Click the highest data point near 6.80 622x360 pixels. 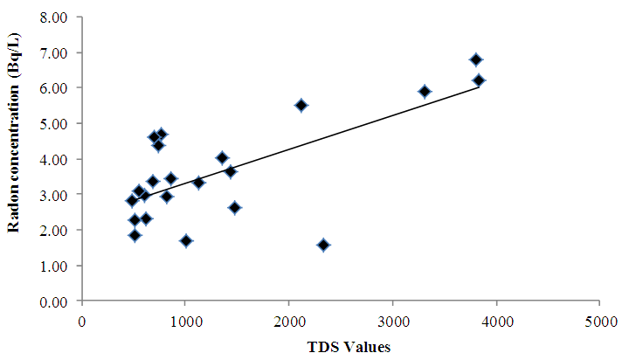(x=476, y=59)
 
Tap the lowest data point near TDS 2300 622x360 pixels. (x=323, y=246)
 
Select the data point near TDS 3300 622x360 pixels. (x=425, y=91)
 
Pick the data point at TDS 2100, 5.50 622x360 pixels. (x=301, y=105)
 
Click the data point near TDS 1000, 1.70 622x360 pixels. (x=186, y=240)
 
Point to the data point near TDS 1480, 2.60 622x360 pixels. (x=234, y=207)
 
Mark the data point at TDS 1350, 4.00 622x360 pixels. (x=222, y=158)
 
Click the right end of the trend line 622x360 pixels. (x=479, y=87)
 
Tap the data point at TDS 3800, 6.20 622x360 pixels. (x=479, y=80)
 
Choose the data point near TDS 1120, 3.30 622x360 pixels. (x=198, y=183)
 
